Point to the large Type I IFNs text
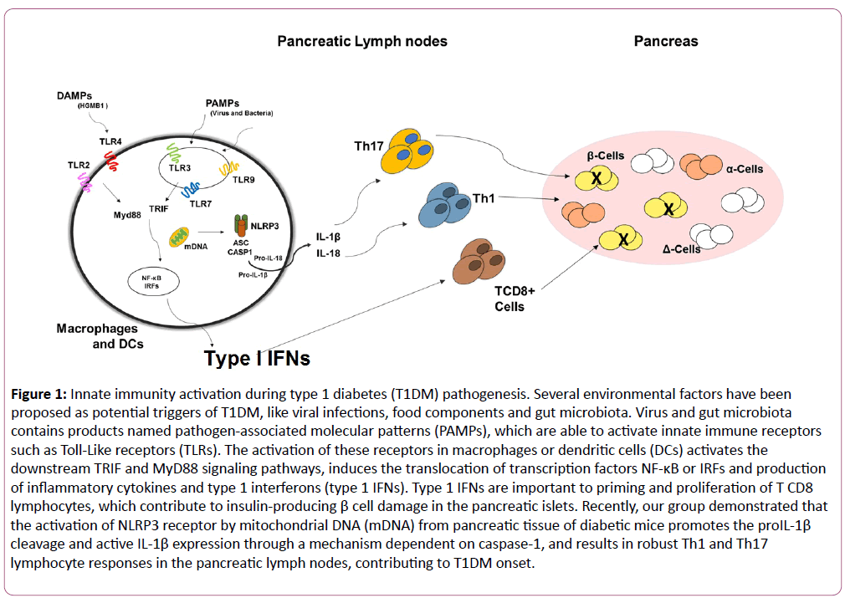coord(258,359)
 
